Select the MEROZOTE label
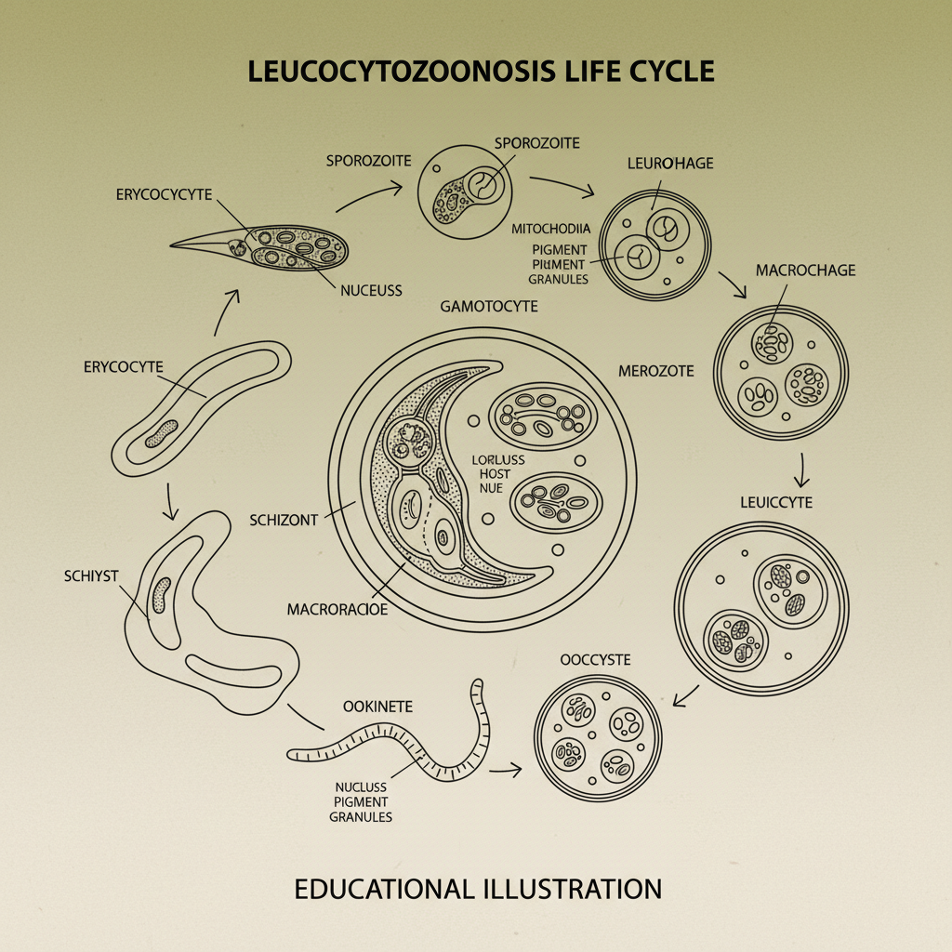(655, 371)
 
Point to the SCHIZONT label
(284, 520)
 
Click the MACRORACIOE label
(337, 609)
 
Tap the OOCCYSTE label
(596, 659)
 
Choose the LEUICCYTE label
(777, 502)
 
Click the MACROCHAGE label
(805, 271)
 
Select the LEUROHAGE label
(669, 163)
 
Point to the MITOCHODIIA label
(549, 228)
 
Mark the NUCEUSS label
(371, 290)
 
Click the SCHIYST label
(92, 575)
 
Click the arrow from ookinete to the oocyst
(505, 771)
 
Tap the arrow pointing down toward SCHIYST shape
(169, 502)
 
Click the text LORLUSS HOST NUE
(497, 474)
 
